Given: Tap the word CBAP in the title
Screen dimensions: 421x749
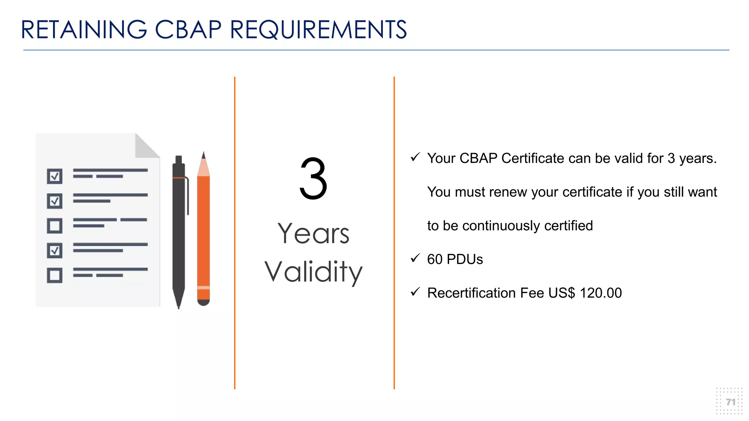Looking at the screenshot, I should [188, 30].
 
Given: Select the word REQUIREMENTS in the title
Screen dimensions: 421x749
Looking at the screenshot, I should [318, 30].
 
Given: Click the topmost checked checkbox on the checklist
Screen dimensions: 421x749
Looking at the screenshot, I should [54, 176].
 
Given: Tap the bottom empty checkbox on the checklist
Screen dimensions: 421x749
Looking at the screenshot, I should [54, 275].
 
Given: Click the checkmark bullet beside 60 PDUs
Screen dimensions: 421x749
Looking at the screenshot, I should [415, 258].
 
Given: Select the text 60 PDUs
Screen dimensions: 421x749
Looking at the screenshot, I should [455, 259].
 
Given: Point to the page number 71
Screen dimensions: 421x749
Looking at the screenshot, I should [730, 402].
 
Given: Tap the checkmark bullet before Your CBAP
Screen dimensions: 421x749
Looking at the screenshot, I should [415, 158].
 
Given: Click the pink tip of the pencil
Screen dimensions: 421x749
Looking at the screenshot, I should [203, 168].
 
